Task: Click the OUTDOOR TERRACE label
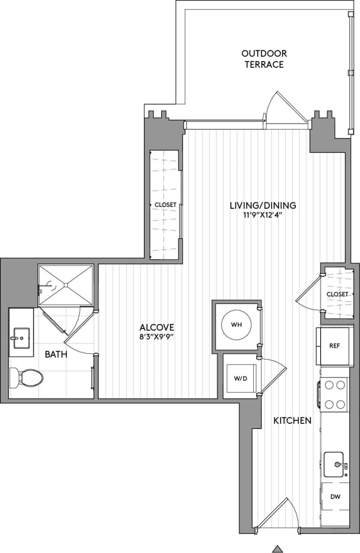pos(264,59)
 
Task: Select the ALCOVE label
pos(157,327)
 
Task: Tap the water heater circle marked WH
pos(236,324)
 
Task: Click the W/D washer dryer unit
pos(240,378)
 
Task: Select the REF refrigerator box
pos(334,346)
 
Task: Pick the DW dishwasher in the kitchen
pos(335,497)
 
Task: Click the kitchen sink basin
pos(334,464)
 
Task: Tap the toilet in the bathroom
pos(27,378)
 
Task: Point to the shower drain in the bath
pos(66,285)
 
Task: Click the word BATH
pos(56,355)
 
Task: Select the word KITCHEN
pos(293,420)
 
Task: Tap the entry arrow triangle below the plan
pos(277,549)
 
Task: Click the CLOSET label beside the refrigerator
pos(337,294)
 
